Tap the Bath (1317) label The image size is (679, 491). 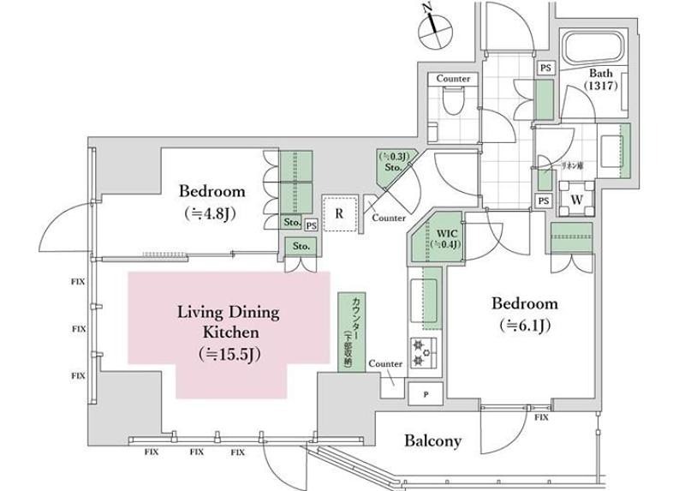click(605, 80)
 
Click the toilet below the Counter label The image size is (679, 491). click(454, 102)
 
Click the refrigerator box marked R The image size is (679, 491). click(340, 214)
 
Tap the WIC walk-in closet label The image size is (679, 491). click(445, 231)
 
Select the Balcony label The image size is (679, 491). click(432, 441)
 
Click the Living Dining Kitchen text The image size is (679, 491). click(229, 321)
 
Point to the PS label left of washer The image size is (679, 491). click(543, 201)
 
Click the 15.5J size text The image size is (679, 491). click(227, 352)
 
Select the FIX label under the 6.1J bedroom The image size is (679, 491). click(541, 417)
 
